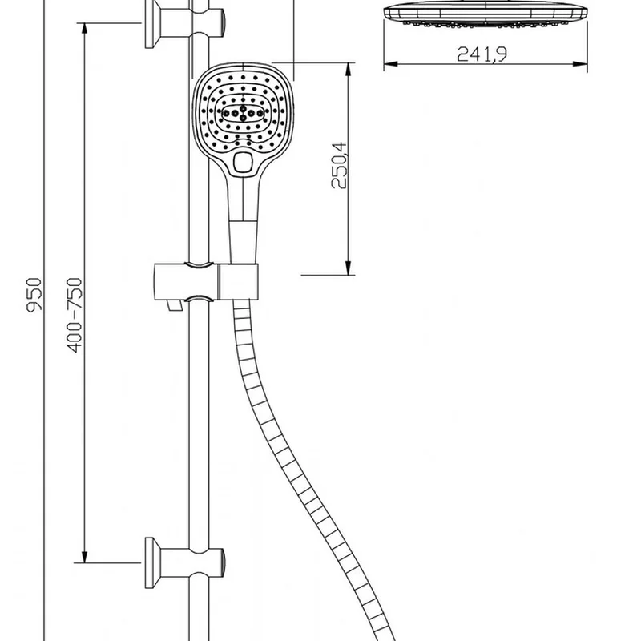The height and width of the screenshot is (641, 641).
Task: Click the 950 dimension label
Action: tap(34, 295)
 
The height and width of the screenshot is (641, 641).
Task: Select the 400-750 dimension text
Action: tap(75, 315)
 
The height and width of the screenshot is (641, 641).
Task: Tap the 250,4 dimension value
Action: tap(339, 165)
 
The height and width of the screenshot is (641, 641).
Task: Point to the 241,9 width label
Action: tap(482, 54)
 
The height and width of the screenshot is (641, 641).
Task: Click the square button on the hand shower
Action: tap(243, 163)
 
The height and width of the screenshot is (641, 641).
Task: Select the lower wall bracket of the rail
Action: tap(184, 563)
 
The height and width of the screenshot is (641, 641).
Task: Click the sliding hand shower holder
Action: tap(207, 282)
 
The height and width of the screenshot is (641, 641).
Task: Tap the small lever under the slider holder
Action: tap(175, 305)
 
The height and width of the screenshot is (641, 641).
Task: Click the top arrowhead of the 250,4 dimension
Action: tap(349, 70)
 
